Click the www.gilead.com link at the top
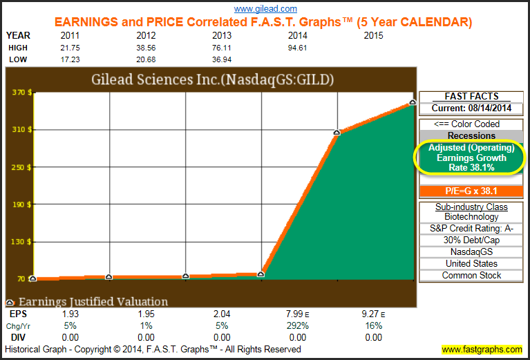pos(265,9)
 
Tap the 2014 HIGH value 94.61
pos(299,47)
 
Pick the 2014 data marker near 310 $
pos(337,132)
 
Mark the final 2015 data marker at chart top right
pos(412,102)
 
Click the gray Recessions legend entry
pos(471,136)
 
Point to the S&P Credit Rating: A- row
pos(471,229)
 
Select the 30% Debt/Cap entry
pos(471,240)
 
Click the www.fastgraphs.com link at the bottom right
pos(482,350)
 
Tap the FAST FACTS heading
pos(471,97)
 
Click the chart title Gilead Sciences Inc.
pos(212,79)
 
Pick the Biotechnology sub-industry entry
pos(471,217)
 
